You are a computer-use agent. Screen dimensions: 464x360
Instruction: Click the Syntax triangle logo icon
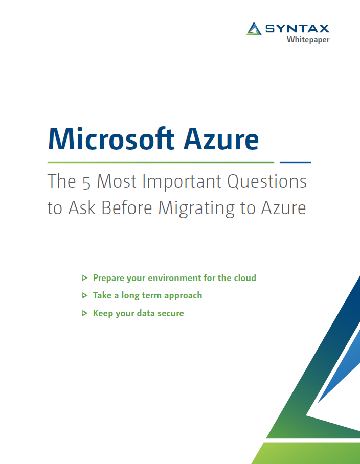pyautogui.click(x=254, y=29)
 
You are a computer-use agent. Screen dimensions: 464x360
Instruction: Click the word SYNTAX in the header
pyautogui.click(x=297, y=29)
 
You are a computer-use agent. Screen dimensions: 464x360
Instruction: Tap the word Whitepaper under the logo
pyautogui.click(x=308, y=40)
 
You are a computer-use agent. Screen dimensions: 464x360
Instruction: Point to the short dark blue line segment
pyautogui.click(x=296, y=162)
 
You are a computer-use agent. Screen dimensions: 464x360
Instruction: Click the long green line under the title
pyautogui.click(x=161, y=162)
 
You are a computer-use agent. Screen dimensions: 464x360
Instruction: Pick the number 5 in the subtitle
pyautogui.click(x=85, y=181)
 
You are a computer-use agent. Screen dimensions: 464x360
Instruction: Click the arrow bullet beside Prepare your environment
pyautogui.click(x=84, y=278)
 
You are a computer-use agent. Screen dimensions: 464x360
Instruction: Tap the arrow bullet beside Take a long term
pyautogui.click(x=84, y=295)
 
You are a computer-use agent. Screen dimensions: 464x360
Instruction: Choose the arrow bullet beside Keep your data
pyautogui.click(x=84, y=313)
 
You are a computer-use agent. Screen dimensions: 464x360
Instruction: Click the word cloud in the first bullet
pyautogui.click(x=245, y=278)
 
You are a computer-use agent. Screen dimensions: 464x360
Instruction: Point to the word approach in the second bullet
pyautogui.click(x=183, y=296)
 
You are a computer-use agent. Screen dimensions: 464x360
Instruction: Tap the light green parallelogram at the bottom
pyautogui.click(x=307, y=453)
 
